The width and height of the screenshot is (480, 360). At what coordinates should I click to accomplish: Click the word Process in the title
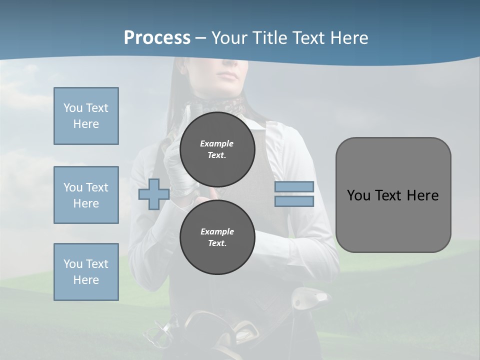coord(157,38)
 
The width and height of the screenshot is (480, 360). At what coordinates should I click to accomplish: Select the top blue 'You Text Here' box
coord(86,116)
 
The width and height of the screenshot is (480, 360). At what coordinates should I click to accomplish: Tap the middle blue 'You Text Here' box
coord(86,195)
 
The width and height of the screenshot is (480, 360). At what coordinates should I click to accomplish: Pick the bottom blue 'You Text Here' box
coord(86,272)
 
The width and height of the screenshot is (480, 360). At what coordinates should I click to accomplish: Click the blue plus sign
coord(154,194)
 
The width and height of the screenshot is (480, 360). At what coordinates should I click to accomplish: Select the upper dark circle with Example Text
coord(217,149)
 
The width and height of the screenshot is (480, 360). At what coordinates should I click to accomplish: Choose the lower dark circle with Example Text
coord(217,237)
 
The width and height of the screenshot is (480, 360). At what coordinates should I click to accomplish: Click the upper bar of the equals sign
coord(294,187)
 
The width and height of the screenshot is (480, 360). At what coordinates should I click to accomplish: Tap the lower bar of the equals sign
coord(294,201)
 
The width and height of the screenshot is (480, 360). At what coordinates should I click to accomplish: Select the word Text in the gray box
coord(392,195)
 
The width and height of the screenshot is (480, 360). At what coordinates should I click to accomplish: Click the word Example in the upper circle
coord(217,143)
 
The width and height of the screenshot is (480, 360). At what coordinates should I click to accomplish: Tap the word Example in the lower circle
coord(217,231)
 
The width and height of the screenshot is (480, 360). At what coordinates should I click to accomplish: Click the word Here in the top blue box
coord(86,124)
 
